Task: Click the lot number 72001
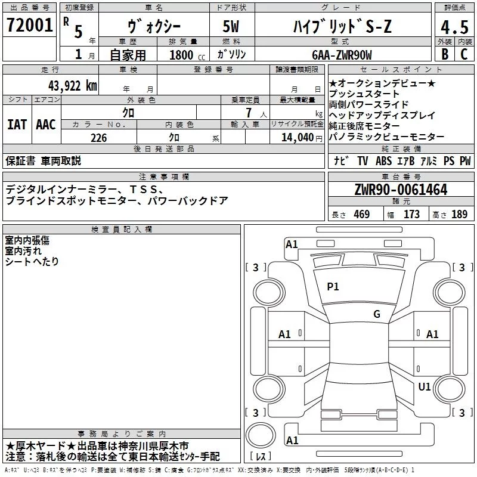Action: coord(30,27)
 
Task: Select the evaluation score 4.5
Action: coord(454,27)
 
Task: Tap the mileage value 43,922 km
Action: coord(72,85)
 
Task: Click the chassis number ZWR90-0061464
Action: coord(401,190)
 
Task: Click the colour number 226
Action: coord(98,138)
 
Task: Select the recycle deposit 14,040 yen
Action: coord(296,138)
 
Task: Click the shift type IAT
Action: coord(17,125)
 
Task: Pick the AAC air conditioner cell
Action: coord(45,125)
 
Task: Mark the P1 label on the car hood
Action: coord(333,287)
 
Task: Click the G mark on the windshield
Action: coord(376,314)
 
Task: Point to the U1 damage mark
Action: coord(424,387)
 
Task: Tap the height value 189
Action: coord(459,215)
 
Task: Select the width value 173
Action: coord(411,215)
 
